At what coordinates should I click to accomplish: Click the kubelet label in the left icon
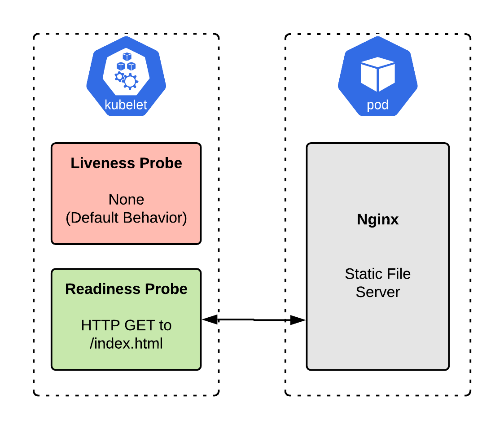[x=126, y=105]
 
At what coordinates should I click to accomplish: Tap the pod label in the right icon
[x=377, y=105]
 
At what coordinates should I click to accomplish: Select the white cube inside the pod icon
[x=377, y=74]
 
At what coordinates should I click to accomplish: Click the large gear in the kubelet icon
[x=130, y=81]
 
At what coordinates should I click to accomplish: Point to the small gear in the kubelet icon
[x=119, y=77]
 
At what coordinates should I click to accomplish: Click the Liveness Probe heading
[x=126, y=163]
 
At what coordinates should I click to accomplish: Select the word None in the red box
[x=126, y=199]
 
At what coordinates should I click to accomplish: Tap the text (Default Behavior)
[x=126, y=218]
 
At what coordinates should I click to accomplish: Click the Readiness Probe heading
[x=126, y=289]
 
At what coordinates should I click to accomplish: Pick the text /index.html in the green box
[x=126, y=343]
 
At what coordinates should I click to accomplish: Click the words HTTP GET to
[x=126, y=325]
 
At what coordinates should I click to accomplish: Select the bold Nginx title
[x=377, y=219]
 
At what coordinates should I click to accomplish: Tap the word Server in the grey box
[x=377, y=292]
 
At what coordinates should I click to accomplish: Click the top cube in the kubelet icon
[x=127, y=57]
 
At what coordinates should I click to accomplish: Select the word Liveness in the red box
[x=98, y=163]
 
